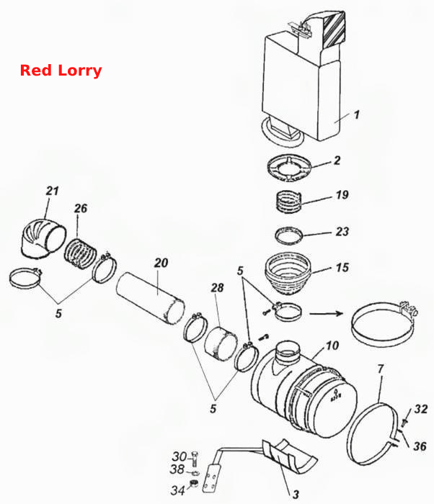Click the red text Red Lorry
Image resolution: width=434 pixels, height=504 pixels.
pos(61,71)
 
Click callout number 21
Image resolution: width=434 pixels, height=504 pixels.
pos(52,191)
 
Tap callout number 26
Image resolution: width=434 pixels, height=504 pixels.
pos(81,208)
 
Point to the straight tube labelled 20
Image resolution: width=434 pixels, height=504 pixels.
pos(150,297)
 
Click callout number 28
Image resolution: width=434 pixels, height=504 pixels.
pos(217,288)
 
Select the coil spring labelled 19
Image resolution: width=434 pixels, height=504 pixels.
pos(289,202)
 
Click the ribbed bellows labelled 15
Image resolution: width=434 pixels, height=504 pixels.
pos(288,274)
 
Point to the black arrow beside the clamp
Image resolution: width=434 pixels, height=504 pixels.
pos(326,312)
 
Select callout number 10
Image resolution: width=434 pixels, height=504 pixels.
pos(332,346)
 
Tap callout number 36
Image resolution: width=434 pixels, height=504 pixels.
pos(420,446)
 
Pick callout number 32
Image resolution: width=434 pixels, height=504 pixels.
pos(421,409)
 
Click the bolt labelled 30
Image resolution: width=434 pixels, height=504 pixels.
pos(195,459)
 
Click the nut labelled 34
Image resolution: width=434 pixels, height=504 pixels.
pos(193,483)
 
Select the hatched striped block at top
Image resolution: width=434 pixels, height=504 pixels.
pos(335,30)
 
